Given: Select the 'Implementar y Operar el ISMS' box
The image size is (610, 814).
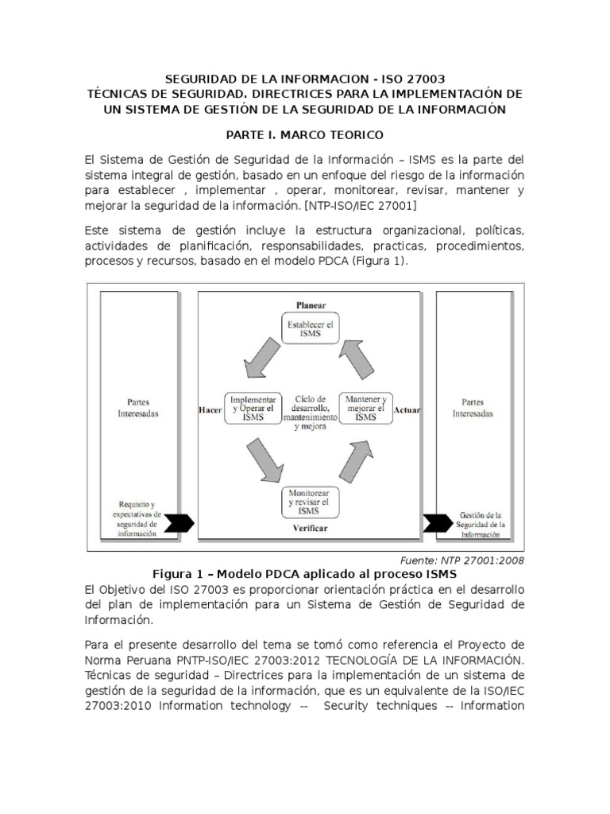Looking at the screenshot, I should point(251,408).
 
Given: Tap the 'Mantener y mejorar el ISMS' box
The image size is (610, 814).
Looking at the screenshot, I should point(366,408).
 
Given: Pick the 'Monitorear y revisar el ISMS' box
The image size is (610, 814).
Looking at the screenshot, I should point(309,502).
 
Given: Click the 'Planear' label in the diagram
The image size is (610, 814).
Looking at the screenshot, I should point(311,305).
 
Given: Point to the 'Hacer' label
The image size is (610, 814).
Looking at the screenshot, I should point(209,409).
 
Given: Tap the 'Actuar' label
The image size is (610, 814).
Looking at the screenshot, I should point(407,409).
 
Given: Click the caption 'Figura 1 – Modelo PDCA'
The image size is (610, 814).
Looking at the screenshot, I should point(305,574).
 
